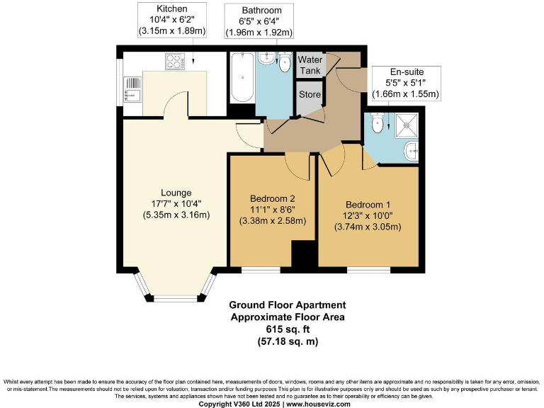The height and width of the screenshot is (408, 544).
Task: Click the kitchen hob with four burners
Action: pos(174,62)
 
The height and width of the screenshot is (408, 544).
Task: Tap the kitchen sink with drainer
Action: pos(132,90)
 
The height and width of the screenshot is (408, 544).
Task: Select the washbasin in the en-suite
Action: pos(413,150)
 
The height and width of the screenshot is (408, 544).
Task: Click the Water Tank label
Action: pos(310,65)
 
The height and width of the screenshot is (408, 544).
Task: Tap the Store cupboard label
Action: pos(310,94)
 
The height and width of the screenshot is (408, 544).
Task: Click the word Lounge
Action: pos(176,193)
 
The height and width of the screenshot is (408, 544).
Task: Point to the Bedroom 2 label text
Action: pos(272,198)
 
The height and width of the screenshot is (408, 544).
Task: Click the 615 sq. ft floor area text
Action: pos(288,329)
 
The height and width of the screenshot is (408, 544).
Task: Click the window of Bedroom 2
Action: pos(261,270)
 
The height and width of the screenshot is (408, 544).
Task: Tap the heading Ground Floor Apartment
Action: pos(288,305)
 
